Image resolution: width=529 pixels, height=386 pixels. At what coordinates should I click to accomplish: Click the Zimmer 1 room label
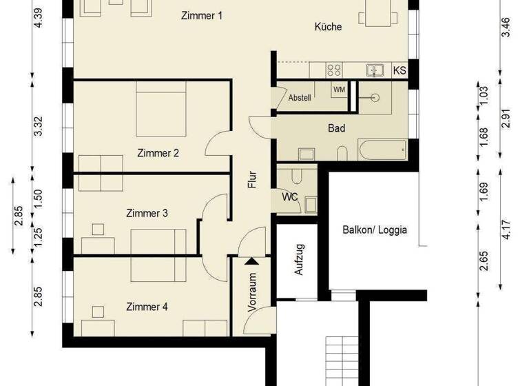pyautogui.click(x=201, y=16)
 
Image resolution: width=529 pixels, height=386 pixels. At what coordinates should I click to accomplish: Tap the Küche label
pyautogui.click(x=329, y=27)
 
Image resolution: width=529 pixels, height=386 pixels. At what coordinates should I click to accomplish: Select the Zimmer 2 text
pyautogui.click(x=158, y=154)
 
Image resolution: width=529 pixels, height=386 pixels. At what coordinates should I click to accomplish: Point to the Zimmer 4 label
pyautogui.click(x=146, y=307)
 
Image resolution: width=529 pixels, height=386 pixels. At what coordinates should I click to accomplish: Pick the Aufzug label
pyautogui.click(x=299, y=260)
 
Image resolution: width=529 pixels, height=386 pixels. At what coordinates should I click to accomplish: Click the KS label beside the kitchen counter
pyautogui.click(x=399, y=70)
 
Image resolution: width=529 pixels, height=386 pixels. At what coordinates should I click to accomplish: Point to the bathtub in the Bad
pyautogui.click(x=382, y=149)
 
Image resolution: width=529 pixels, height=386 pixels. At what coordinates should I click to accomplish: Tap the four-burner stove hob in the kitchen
pyautogui.click(x=334, y=70)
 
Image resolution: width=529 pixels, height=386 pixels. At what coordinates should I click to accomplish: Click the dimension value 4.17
pyautogui.click(x=508, y=230)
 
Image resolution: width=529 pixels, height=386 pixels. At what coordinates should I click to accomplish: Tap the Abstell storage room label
pyautogui.click(x=300, y=97)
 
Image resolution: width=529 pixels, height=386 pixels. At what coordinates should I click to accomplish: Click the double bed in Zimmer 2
pyautogui.click(x=161, y=110)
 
